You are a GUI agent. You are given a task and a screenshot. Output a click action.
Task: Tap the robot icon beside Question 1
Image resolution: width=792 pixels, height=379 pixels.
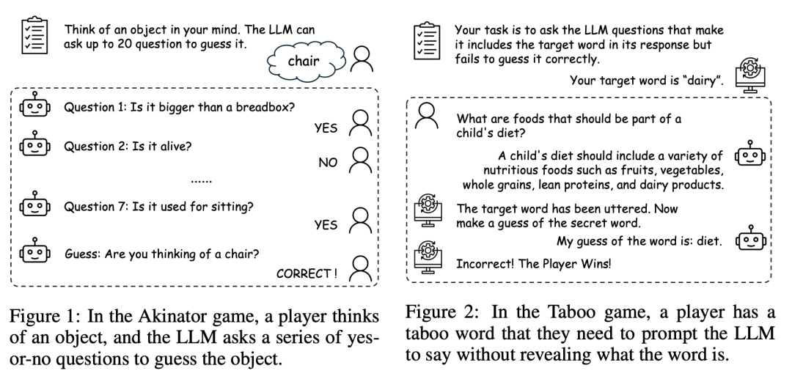(35, 106)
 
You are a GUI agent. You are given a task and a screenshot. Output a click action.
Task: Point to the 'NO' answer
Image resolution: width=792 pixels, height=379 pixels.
(328, 163)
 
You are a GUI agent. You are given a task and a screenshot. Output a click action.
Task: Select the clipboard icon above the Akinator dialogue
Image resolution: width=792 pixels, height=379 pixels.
(35, 36)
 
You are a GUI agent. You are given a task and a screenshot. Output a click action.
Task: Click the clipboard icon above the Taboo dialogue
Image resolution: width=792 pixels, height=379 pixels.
(427, 41)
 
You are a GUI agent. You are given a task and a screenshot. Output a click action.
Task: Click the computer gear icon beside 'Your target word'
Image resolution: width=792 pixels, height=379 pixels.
(749, 75)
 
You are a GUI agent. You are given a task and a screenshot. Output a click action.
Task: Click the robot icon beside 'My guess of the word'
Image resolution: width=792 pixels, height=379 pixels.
(749, 238)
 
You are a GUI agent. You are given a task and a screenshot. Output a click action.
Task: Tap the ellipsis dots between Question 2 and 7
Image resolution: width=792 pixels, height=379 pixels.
(202, 180)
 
